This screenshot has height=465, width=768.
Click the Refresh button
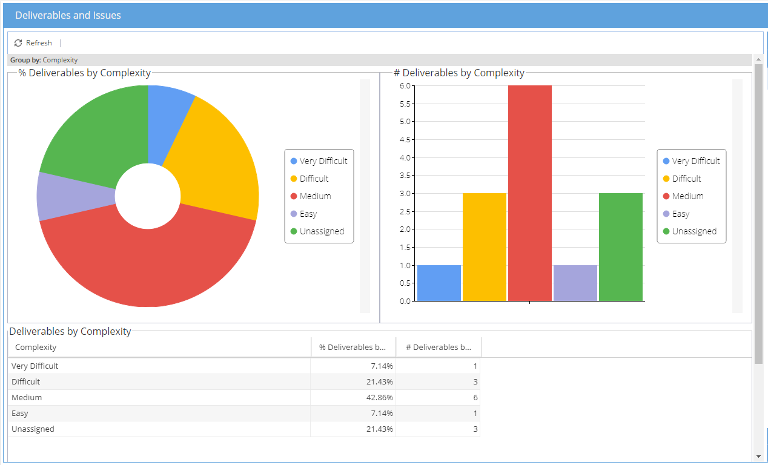click(33, 43)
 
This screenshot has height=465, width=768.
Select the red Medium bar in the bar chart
click(530, 193)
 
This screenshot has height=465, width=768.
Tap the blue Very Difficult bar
click(439, 283)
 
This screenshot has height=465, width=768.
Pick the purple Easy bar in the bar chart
click(575, 283)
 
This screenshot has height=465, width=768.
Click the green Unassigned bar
click(621, 247)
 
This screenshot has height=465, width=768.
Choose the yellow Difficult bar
click(485, 247)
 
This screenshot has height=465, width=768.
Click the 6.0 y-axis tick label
click(405, 85)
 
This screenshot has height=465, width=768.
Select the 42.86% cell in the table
click(379, 398)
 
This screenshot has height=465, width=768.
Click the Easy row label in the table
click(20, 414)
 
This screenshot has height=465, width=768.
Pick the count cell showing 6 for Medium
click(475, 398)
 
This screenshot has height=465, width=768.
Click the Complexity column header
click(36, 347)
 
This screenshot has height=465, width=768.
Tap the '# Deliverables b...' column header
click(439, 347)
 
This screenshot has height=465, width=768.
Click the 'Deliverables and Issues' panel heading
click(68, 15)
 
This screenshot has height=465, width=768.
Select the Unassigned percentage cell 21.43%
click(379, 429)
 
